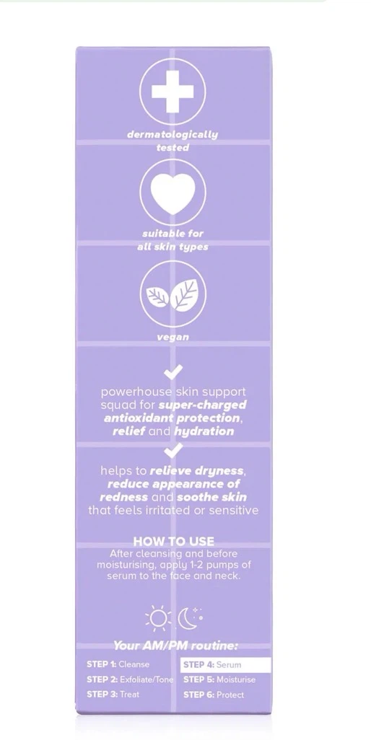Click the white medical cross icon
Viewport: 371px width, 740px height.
[173, 92]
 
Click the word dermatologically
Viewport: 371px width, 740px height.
[173, 135]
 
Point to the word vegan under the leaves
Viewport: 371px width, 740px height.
[173, 338]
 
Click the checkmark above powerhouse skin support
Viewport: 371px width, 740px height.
[173, 373]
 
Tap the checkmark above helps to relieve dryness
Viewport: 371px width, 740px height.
[173, 451]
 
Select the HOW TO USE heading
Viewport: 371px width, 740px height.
[173, 541]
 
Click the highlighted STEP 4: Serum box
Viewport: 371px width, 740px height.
[226, 665]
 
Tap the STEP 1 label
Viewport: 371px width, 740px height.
[102, 664]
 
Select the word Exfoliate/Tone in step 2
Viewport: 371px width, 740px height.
[147, 680]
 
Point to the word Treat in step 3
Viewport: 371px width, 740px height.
[130, 695]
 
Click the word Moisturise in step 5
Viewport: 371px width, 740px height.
[236, 680]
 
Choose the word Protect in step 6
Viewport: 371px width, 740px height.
[230, 695]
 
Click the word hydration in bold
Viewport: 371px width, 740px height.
[204, 431]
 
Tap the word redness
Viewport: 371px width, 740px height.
[123, 498]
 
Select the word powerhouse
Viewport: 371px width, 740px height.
[131, 392]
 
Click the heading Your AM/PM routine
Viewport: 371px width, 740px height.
[175, 646]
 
